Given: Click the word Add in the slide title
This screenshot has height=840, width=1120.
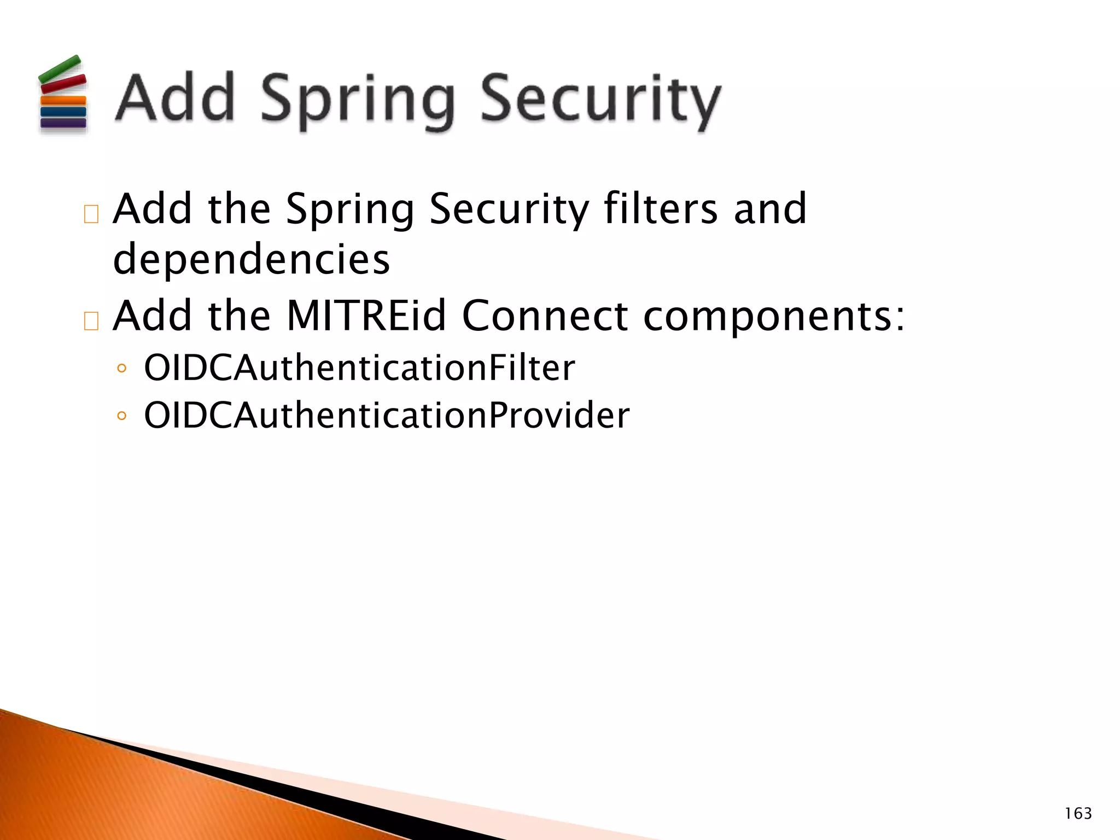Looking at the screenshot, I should coord(175,98).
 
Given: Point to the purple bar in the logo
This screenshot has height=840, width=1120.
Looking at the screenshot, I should coord(63,122).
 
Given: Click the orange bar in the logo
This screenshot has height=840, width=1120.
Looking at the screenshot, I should coord(63,101).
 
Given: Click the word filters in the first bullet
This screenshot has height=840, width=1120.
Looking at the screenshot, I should coord(661,209).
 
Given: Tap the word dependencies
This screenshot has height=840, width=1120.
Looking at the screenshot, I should coord(252,259).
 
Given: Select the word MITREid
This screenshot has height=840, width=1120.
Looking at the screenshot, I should coord(366,316).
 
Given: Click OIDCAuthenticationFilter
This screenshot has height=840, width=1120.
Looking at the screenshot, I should coord(359,368).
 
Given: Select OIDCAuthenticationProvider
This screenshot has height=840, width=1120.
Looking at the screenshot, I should coord(387,416).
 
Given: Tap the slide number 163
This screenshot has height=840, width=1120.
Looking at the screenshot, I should coord(1078,814).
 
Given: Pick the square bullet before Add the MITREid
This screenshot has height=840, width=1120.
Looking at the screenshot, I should coord(91,321).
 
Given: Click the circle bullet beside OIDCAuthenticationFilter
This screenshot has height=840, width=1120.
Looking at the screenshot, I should coord(121,369).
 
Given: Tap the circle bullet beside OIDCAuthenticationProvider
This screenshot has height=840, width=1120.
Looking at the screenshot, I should coord(121,416).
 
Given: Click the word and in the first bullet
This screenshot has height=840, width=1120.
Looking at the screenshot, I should coord(770,209).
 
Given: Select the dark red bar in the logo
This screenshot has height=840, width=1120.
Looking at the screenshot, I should coord(63,84).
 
